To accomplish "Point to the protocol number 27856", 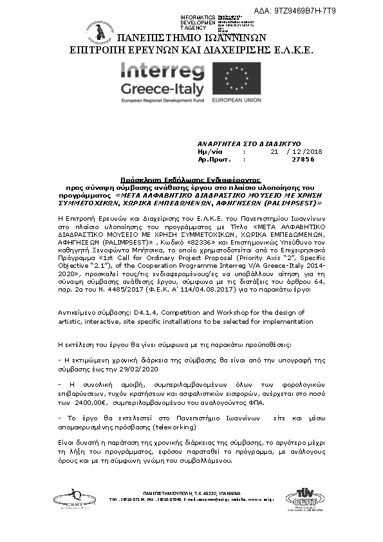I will [303, 158].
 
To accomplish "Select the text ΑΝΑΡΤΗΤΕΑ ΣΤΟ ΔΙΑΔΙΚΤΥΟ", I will [240, 143].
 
